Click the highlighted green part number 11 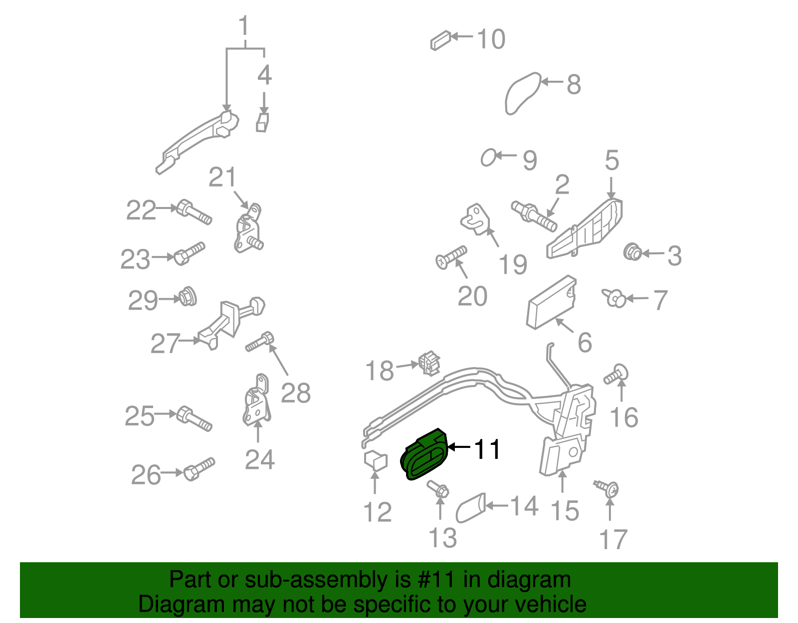[424, 455]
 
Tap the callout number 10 [491, 39]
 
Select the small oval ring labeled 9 [488, 158]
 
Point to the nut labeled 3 [632, 252]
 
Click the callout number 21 [222, 178]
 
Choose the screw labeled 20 [451, 256]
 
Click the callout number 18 [380, 371]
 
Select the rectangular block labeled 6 [552, 302]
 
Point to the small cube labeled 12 [376, 459]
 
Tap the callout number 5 [612, 161]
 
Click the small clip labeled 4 [263, 122]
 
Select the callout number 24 [259, 459]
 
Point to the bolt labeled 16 [616, 375]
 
